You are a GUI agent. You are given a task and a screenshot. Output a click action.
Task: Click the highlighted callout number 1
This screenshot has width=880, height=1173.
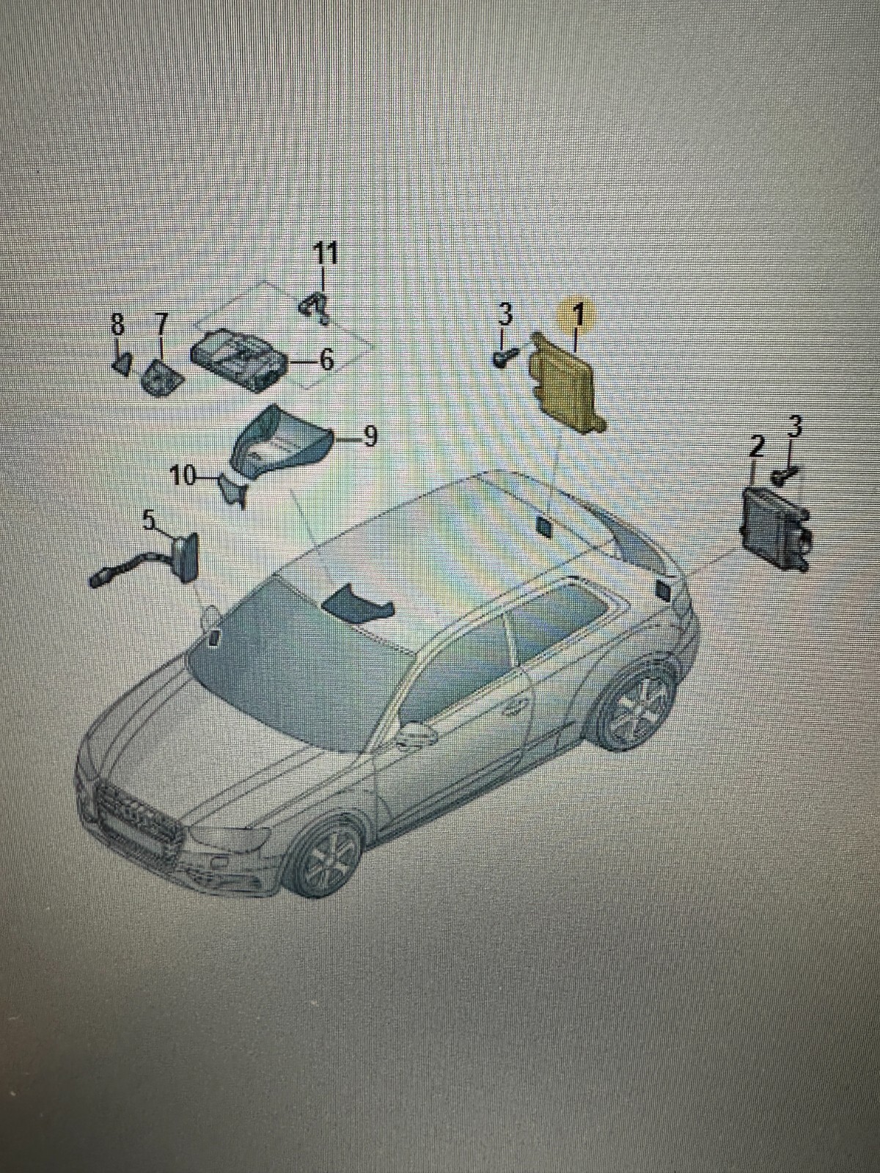click(578, 315)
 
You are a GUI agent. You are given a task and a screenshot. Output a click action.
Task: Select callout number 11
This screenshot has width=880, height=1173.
click(326, 254)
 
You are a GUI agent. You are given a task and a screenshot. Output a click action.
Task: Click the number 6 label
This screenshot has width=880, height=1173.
click(326, 360)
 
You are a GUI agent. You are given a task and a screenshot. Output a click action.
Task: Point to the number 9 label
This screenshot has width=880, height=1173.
click(370, 437)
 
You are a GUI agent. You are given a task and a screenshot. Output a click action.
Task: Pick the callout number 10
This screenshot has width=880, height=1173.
click(183, 477)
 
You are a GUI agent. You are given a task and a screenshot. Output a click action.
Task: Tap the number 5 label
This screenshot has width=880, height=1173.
click(150, 521)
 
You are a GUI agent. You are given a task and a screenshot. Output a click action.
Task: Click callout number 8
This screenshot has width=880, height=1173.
click(117, 323)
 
